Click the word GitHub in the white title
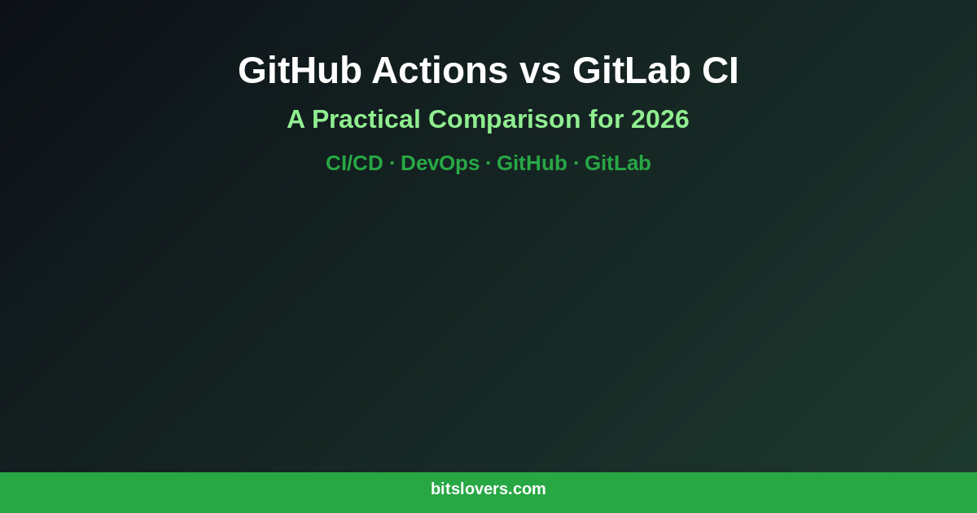tap(300, 70)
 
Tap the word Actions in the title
tap(440, 70)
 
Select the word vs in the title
tap(540, 70)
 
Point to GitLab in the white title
tap(632, 70)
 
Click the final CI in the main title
tap(720, 70)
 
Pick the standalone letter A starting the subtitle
tap(296, 120)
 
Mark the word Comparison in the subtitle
tap(504, 120)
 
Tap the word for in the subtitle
tap(606, 120)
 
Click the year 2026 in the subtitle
tap(660, 120)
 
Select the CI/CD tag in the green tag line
tap(354, 163)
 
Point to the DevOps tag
tap(440, 163)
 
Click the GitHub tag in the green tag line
tap(532, 163)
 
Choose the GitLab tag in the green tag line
tap(618, 163)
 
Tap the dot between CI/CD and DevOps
tap(392, 164)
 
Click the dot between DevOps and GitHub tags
tap(488, 164)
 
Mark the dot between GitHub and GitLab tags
tap(576, 164)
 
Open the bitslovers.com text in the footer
tap(488, 489)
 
